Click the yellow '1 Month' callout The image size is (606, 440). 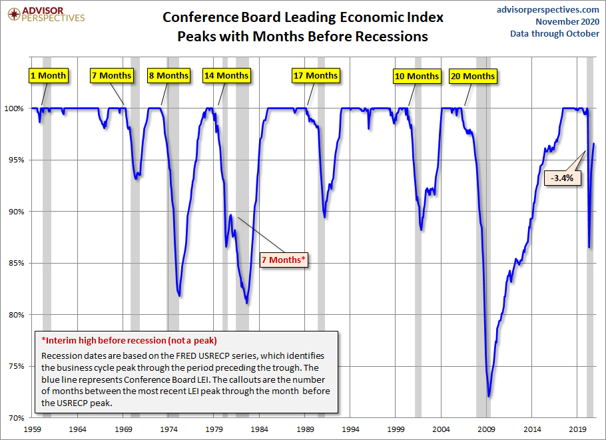tap(48, 75)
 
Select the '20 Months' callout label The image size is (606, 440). tap(472, 76)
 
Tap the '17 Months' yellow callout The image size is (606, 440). tap(315, 75)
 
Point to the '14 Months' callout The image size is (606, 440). tap(226, 75)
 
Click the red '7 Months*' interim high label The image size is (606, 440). tap(284, 260)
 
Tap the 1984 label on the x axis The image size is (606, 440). tap(260, 430)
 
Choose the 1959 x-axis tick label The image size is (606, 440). tap(33, 430)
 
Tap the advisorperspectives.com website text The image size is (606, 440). tap(548, 9)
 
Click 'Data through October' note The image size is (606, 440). tap(555, 33)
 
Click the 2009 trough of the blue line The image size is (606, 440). tap(489, 397)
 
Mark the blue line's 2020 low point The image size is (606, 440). tap(589, 248)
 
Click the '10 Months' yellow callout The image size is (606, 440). tap(416, 76)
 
